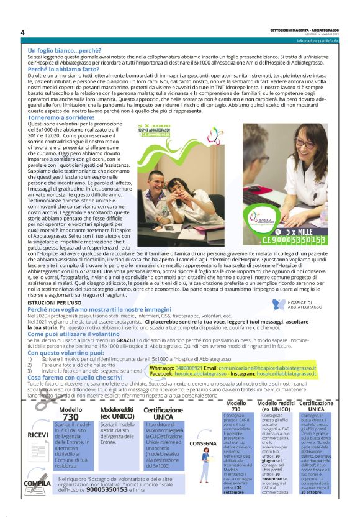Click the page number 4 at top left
tap(22, 32)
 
